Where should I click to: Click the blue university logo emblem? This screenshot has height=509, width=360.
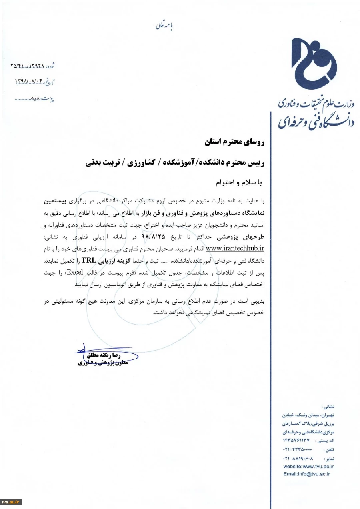click(x=313, y=64)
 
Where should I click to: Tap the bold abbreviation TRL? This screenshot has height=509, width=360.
click(x=89, y=260)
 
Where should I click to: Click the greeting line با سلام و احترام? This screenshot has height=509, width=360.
click(x=238, y=182)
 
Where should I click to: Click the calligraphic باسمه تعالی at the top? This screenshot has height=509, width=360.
click(x=164, y=26)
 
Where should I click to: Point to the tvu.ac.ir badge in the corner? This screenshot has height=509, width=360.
click(x=11, y=502)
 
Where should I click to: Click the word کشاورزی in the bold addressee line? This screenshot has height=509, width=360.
click(x=142, y=163)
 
